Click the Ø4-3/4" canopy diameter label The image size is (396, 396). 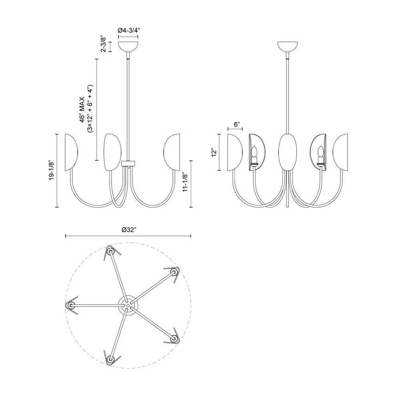click(x=128, y=30)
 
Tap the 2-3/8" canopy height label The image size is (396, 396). click(x=104, y=44)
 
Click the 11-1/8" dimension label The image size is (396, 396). click(x=184, y=183)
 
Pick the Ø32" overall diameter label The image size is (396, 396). click(x=128, y=230)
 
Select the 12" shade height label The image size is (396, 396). click(x=215, y=153)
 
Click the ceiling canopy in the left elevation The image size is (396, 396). click(x=128, y=46)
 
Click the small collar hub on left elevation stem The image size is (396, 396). click(x=128, y=163)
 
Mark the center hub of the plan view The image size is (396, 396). click(x=127, y=305)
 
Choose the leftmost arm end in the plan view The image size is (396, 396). click(x=71, y=306)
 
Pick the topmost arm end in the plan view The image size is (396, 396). click(x=111, y=253)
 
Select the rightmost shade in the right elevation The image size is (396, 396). click(x=341, y=152)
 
